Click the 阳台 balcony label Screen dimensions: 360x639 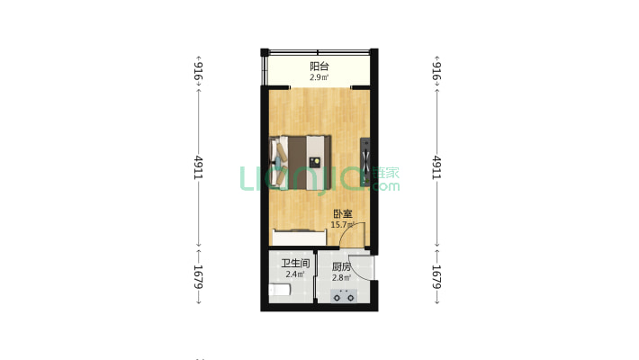pyautogui.click(x=319, y=67)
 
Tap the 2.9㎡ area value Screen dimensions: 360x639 pyautogui.click(x=319, y=78)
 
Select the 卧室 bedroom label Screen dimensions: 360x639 pyautogui.click(x=342, y=214)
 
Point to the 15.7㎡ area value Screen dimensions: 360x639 pyautogui.click(x=342, y=225)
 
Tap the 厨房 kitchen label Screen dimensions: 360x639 pyautogui.click(x=341, y=267)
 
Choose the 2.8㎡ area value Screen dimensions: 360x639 pyautogui.click(x=341, y=278)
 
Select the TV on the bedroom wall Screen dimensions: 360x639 pyautogui.click(x=364, y=162)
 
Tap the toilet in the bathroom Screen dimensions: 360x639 pyautogui.click(x=280, y=290)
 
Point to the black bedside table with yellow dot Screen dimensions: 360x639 pyautogui.click(x=316, y=162)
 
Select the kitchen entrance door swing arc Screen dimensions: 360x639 pyautogui.click(x=362, y=267)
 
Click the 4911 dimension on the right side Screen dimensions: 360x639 pyautogui.click(x=437, y=168)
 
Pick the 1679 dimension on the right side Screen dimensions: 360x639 pyautogui.click(x=437, y=275)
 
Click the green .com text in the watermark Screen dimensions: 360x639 pyautogui.click(x=386, y=186)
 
